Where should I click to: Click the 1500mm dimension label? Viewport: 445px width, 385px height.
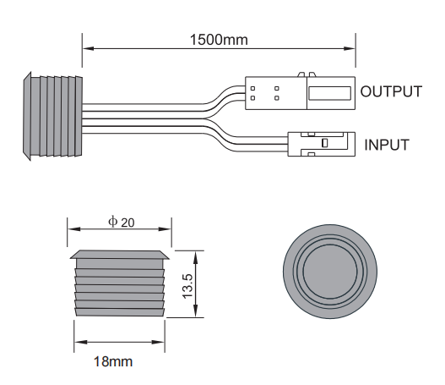pos(219,38)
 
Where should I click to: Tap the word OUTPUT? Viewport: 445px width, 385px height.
pos(391,91)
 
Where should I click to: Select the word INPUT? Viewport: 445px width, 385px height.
pos(386,145)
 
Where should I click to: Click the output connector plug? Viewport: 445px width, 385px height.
pos(300,92)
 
